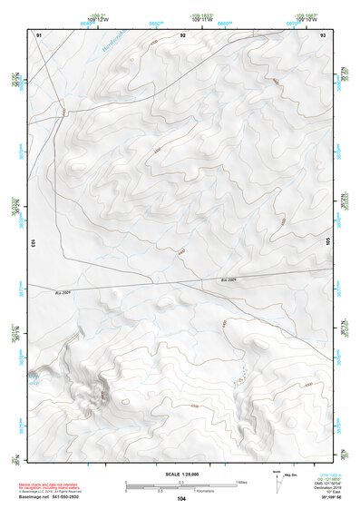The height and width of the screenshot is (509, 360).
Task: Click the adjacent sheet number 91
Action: [39, 34]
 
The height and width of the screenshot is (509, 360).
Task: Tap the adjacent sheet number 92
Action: [182, 34]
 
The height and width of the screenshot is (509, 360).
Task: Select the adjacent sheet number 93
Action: [323, 34]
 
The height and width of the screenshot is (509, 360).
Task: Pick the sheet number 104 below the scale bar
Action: [182, 499]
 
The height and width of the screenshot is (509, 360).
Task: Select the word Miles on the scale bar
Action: [240, 482]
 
